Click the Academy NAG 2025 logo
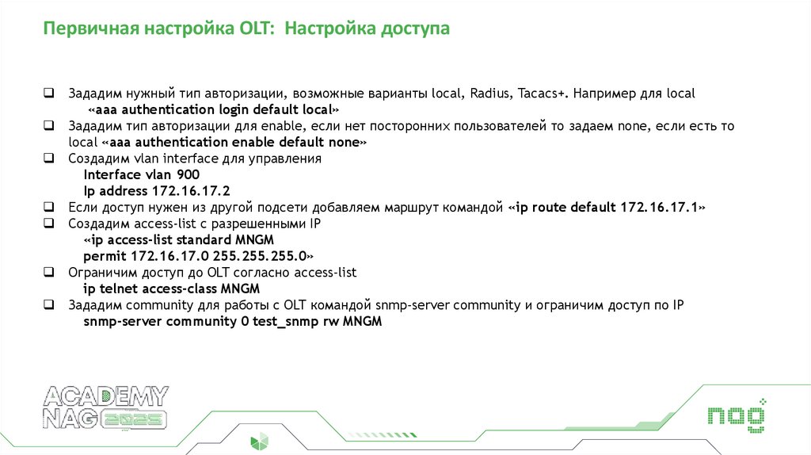pyautogui.click(x=106, y=407)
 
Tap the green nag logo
pyautogui.click(x=737, y=414)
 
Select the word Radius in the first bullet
pyautogui.click(x=489, y=94)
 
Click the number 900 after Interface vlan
pyautogui.click(x=188, y=174)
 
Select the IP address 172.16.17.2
pyautogui.click(x=189, y=191)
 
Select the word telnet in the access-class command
pyautogui.click(x=115, y=289)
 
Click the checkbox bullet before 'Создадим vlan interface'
pyautogui.click(x=49, y=159)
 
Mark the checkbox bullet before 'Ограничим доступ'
pyautogui.click(x=49, y=273)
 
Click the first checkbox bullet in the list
pyautogui.click(x=49, y=94)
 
